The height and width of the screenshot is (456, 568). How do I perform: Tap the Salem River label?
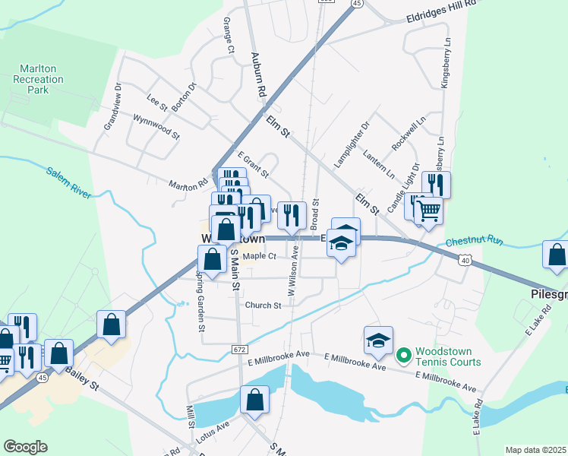click(x=68, y=182)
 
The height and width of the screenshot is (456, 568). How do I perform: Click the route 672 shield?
click(x=238, y=348)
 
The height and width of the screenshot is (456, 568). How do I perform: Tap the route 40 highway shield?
click(x=465, y=261)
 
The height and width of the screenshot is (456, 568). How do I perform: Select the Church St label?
click(x=263, y=306)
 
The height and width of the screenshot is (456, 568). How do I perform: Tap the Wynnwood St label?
click(x=156, y=127)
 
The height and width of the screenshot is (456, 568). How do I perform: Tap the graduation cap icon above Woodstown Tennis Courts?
click(x=378, y=340)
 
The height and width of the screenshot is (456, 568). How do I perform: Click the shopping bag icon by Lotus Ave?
click(x=255, y=399)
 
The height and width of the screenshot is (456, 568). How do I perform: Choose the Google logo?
click(x=25, y=447)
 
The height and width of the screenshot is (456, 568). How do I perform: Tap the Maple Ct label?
click(x=259, y=257)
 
